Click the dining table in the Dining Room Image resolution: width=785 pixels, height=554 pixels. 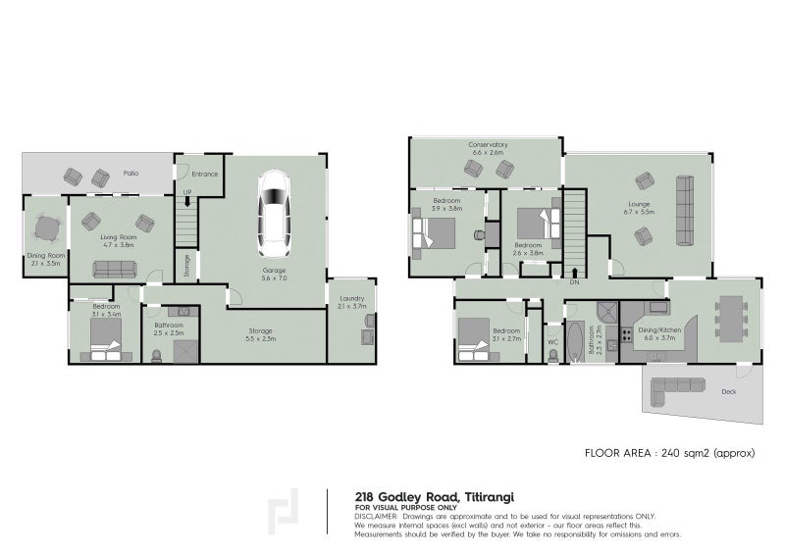pyautogui.click(x=44, y=229)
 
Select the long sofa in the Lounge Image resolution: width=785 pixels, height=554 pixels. pyautogui.click(x=683, y=210)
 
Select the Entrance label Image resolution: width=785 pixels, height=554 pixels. pyautogui.click(x=205, y=175)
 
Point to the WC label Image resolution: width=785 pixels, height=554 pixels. pyautogui.click(x=552, y=342)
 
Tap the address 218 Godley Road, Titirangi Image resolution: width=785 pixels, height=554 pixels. pyautogui.click(x=421, y=497)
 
